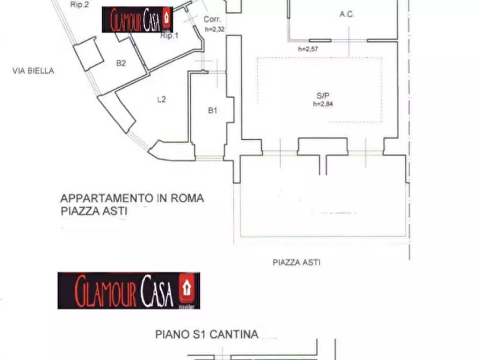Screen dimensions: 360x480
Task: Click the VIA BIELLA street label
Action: click(33, 70)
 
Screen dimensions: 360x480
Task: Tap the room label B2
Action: click(121, 63)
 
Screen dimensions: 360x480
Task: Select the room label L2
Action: click(161, 99)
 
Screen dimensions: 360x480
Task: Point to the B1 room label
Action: click(212, 111)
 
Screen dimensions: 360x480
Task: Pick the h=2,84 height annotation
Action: click(323, 104)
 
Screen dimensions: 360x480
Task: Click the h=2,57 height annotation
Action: click(309, 49)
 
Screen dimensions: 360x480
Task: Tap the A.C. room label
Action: click(347, 15)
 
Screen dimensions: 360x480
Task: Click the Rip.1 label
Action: click(169, 35)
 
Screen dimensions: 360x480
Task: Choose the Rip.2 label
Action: click(80, 4)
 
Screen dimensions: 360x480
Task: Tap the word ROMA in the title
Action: click(188, 198)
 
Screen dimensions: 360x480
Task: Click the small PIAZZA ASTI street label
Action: click(296, 263)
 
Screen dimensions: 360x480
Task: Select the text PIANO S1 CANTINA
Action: click(207, 335)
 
